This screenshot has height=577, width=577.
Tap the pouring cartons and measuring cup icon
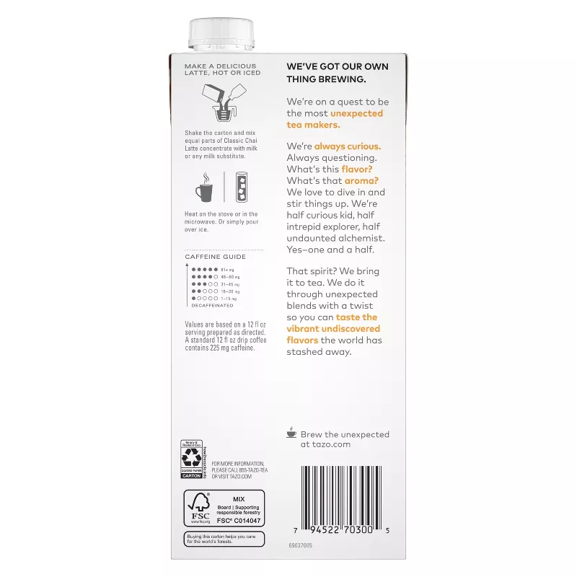tap(223, 103)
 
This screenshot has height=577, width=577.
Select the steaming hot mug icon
tap(204, 188)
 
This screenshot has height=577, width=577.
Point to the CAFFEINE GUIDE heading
tap(215, 257)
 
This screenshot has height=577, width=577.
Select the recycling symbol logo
tap(190, 457)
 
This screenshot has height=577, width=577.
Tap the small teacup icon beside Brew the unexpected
tap(291, 433)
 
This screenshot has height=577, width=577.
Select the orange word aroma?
tap(361, 180)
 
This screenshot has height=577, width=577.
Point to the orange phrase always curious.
tap(348, 146)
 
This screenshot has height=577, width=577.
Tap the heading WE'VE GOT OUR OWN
tap(337, 66)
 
